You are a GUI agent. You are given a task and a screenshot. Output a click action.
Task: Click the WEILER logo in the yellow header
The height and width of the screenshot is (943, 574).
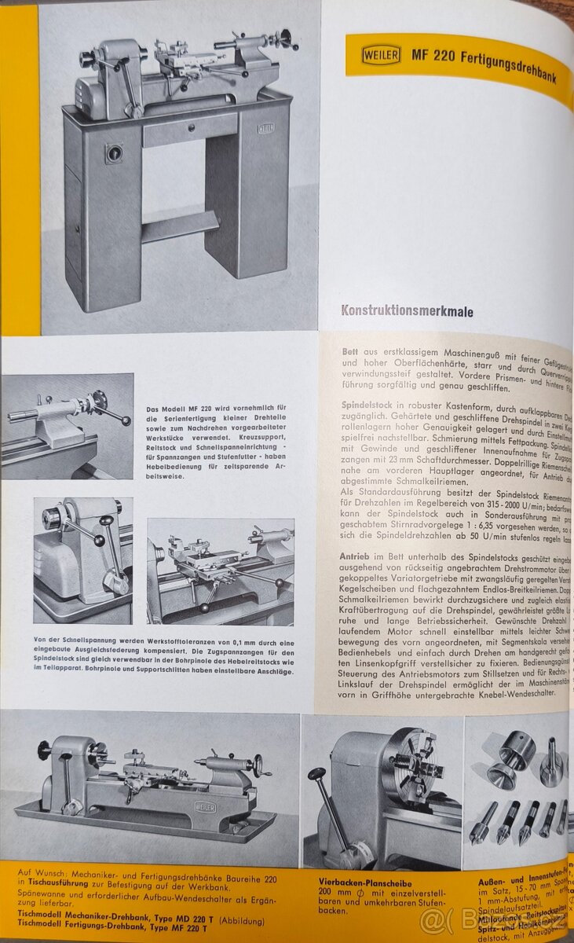click(381, 54)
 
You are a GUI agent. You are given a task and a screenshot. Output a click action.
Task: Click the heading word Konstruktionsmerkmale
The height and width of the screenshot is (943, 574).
click(407, 311)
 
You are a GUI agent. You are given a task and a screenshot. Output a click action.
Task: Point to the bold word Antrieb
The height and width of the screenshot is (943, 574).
click(360, 556)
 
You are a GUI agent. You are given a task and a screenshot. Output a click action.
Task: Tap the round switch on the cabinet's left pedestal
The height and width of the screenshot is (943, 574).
click(115, 152)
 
